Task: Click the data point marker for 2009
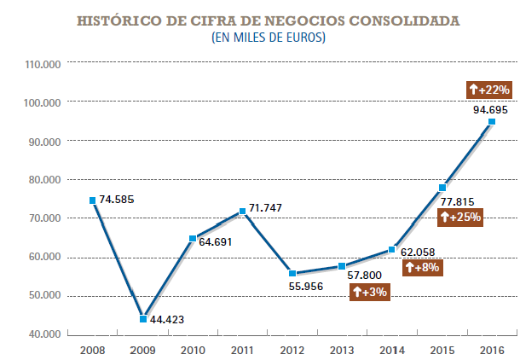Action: [143, 318]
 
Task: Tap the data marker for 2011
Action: [243, 211]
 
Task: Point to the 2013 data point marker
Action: [342, 266]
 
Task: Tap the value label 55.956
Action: [312, 287]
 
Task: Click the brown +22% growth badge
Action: [489, 89]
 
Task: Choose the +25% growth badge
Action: [459, 217]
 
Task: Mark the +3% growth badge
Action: [370, 292]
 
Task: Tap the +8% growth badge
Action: [421, 268]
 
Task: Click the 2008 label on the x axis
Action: [91, 350]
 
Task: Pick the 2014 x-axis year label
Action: [391, 350]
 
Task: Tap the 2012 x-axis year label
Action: [292, 350]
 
